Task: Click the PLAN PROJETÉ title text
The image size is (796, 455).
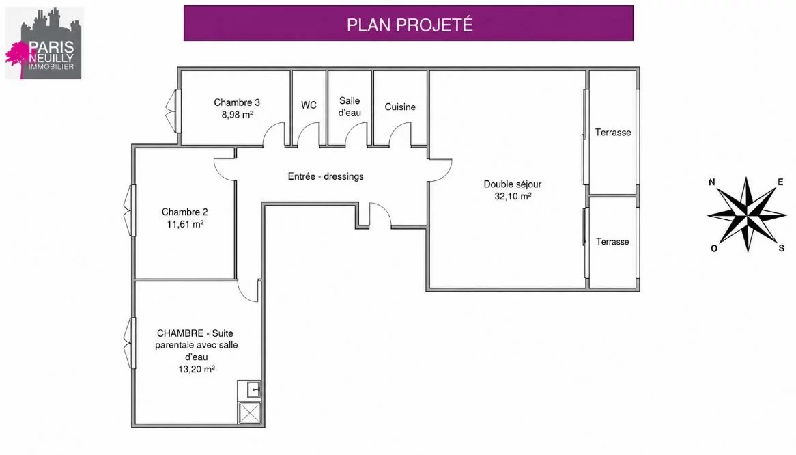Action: click(410, 25)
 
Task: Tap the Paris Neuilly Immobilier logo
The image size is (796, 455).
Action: click(44, 43)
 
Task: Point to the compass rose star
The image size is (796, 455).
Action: click(747, 215)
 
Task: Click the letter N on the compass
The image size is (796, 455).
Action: click(712, 182)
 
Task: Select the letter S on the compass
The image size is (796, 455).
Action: click(781, 248)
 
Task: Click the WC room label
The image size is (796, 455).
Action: click(309, 105)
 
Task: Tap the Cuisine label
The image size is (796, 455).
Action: click(400, 107)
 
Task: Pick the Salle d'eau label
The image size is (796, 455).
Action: click(350, 107)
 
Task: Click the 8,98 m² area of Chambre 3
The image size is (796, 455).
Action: click(237, 115)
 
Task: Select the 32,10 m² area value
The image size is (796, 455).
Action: click(513, 196)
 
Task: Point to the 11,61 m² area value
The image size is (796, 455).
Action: click(185, 224)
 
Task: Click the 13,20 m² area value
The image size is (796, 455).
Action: click(196, 369)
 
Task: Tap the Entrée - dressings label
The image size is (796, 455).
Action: click(326, 176)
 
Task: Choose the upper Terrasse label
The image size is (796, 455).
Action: click(613, 132)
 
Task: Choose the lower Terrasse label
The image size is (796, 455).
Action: click(612, 242)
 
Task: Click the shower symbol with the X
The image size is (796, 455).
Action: click(249, 413)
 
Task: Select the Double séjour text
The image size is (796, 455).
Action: click(512, 184)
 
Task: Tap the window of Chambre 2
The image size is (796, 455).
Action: click(130, 210)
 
